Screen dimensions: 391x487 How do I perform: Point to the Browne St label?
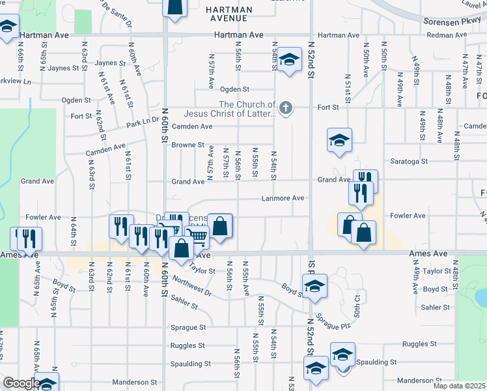[188, 145]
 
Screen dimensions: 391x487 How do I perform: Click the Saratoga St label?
[408, 161]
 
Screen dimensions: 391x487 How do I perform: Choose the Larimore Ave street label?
[283, 198]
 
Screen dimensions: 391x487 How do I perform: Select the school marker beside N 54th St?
[290, 59]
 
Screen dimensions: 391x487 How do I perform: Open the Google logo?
[22, 383]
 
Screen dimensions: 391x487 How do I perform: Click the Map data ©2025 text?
[458, 386]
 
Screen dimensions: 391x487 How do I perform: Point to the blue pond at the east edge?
[481, 297]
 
